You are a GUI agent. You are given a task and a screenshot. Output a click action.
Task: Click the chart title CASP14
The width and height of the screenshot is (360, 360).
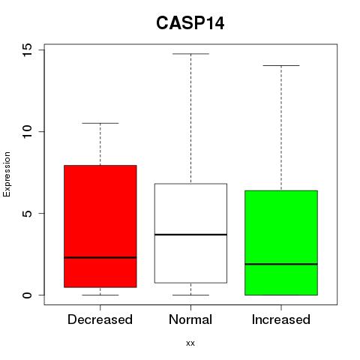[x=190, y=23]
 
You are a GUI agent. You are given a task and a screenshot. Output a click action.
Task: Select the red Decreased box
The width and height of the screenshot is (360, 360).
[x=100, y=226]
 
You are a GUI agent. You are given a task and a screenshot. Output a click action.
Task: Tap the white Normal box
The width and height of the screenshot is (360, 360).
[x=190, y=233]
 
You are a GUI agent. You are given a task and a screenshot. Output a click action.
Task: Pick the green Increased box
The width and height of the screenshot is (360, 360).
[x=281, y=243]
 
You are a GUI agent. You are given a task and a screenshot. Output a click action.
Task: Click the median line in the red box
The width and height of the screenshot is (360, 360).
[x=100, y=257]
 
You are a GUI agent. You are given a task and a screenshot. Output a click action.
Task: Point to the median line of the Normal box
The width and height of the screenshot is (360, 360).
[x=190, y=235]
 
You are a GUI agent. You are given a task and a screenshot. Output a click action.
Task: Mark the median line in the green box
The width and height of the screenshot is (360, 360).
[x=281, y=264]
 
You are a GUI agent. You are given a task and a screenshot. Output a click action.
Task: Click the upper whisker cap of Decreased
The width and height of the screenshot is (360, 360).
[x=100, y=123]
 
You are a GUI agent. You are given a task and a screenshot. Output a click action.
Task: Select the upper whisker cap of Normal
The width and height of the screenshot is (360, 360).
[x=190, y=54]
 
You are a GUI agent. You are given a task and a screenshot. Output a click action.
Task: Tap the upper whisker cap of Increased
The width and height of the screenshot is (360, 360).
[x=281, y=65]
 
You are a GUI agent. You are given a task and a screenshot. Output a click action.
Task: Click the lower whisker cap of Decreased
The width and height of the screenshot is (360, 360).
[x=100, y=295]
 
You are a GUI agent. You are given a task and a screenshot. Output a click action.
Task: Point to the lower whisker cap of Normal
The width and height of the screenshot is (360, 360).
[x=190, y=295]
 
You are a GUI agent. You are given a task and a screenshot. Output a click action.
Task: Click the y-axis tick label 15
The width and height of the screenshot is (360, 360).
[x=27, y=49]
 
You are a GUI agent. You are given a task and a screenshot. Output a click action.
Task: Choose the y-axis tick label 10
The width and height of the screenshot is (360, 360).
[x=27, y=131]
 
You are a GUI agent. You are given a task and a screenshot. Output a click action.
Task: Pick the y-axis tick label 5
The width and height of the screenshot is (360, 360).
[x=27, y=213]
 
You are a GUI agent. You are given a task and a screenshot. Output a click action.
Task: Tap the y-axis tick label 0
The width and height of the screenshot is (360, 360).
[x=27, y=295]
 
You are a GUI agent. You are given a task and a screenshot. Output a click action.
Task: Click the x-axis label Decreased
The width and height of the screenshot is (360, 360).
[x=100, y=319]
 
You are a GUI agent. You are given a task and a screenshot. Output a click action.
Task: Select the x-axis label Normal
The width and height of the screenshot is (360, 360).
[x=190, y=319]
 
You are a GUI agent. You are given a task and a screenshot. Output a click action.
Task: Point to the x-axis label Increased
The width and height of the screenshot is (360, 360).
[x=281, y=319]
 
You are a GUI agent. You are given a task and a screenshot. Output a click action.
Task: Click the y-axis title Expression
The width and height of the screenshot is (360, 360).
[x=7, y=174]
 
